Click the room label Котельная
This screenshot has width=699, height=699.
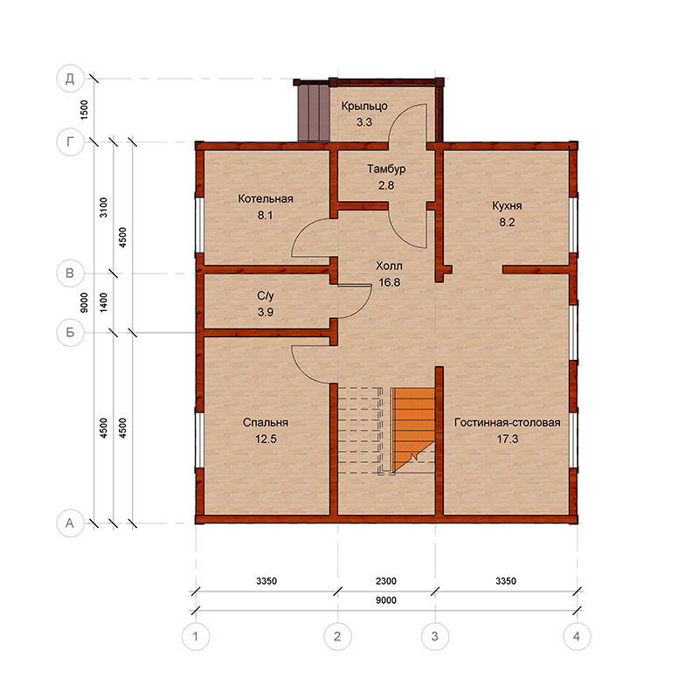pyautogui.click(x=266, y=199)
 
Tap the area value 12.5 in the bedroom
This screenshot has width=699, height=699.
pyautogui.click(x=266, y=439)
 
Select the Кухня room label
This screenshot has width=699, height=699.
pyautogui.click(x=507, y=206)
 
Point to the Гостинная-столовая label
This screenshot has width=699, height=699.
pyautogui.click(x=508, y=423)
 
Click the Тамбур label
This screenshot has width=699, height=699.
pyautogui.click(x=386, y=169)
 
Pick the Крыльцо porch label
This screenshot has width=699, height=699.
pyautogui.click(x=364, y=107)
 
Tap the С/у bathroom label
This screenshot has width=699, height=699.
pyautogui.click(x=266, y=296)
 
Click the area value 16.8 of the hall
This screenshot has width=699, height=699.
pyautogui.click(x=389, y=282)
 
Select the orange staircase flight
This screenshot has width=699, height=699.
pyautogui.click(x=413, y=429)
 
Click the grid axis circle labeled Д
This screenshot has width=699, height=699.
pyautogui.click(x=70, y=79)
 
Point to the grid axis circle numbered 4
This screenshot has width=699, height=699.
pyautogui.click(x=577, y=636)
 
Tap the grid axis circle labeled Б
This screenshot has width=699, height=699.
pyautogui.click(x=70, y=333)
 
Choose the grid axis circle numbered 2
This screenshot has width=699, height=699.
pyautogui.click(x=337, y=636)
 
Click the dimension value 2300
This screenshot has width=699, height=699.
pyautogui.click(x=386, y=581)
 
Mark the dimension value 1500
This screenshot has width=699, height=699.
pyautogui.click(x=84, y=110)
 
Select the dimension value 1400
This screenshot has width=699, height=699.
pyautogui.click(x=103, y=302)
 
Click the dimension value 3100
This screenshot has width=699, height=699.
pyautogui.click(x=103, y=207)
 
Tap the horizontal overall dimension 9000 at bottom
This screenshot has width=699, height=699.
pyautogui.click(x=386, y=600)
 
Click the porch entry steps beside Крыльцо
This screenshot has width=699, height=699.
pyautogui.click(x=314, y=112)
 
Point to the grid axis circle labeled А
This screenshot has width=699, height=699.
pyautogui.click(x=70, y=523)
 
